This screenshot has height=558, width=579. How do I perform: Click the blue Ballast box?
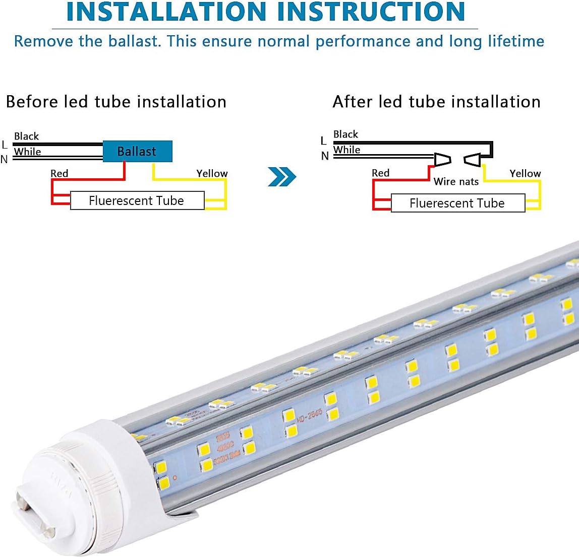coord(138,151)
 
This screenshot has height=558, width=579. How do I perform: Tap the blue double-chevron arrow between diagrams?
coord(282,176)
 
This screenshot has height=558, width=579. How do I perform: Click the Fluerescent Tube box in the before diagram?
coord(137,200)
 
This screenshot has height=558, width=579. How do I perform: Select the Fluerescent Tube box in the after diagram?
coord(457,203)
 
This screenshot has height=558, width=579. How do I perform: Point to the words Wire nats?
coord(456,181)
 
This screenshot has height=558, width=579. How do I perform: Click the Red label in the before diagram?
coord(59,173)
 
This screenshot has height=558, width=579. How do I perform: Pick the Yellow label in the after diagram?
coord(525,173)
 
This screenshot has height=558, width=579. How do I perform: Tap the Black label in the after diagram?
coord(345,134)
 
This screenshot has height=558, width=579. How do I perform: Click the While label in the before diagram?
coord(27,152)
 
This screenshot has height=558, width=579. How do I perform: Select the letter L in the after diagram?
coord(323,141)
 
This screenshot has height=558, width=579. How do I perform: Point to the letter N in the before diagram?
coord(4,160)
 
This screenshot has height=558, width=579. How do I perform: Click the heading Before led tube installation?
coord(116,102)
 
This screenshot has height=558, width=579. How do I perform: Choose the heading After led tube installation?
coord(436,102)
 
